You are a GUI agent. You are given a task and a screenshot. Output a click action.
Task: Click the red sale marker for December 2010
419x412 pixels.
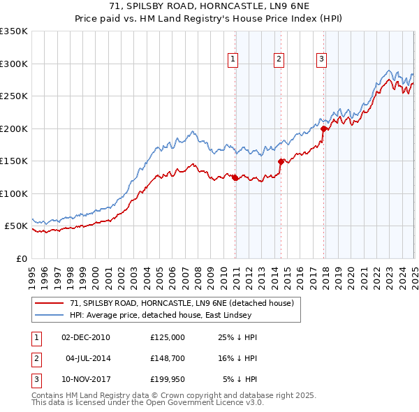point(235,177)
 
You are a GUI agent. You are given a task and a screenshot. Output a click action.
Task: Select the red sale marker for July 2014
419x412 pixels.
point(281,161)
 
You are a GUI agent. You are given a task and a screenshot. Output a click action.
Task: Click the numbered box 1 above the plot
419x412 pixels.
point(233,59)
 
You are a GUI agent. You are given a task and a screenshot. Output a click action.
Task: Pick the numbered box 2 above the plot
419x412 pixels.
point(279,59)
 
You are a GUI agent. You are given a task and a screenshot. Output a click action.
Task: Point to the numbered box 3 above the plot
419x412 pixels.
point(322,59)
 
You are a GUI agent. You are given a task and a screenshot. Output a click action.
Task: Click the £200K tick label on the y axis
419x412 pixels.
point(13,128)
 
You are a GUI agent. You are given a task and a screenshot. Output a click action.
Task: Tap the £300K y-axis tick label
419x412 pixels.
point(13,64)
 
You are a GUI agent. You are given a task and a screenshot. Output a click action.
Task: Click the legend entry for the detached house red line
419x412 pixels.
point(184,303)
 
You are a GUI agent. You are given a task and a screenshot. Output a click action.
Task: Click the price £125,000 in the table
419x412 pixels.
point(168,337)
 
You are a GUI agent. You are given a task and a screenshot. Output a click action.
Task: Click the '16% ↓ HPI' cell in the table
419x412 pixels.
point(238,358)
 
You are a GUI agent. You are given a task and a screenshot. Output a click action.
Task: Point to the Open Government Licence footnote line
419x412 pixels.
point(147,402)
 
